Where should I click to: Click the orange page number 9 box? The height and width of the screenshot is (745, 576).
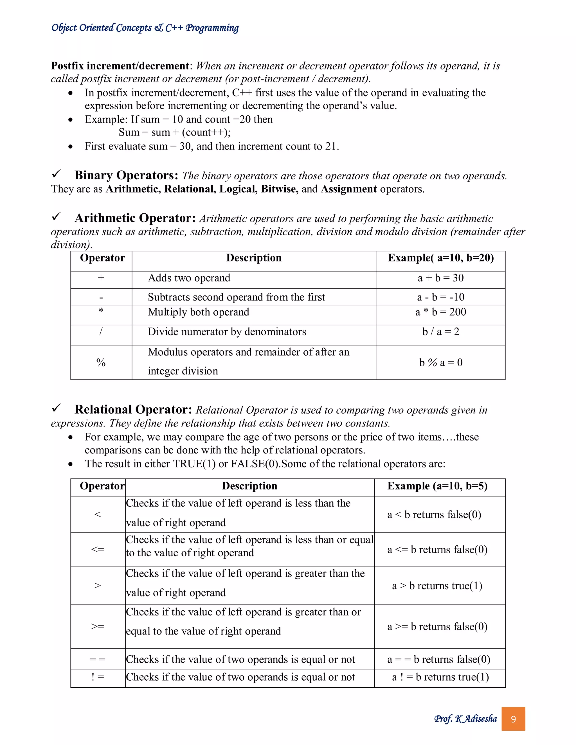click(513, 719)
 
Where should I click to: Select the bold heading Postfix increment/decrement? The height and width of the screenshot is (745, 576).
click(120, 66)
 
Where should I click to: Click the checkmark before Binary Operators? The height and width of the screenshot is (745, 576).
click(56, 174)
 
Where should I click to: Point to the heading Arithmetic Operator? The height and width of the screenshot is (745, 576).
click(135, 218)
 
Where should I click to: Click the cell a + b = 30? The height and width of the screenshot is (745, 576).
click(440, 278)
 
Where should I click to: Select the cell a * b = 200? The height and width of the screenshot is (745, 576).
click(440, 312)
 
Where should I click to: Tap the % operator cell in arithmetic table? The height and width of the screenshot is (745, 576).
click(101, 362)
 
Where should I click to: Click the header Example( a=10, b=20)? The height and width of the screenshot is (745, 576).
click(440, 258)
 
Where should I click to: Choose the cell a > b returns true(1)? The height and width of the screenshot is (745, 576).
click(437, 586)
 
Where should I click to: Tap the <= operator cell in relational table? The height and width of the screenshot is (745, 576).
click(98, 550)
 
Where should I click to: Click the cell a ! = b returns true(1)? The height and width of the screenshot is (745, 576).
click(440, 677)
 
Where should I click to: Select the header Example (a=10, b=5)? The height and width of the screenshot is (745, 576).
click(437, 486)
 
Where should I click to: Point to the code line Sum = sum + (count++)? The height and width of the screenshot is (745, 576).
click(174, 132)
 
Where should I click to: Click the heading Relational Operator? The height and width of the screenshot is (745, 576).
click(133, 409)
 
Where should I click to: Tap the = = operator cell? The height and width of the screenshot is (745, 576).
click(98, 659)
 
